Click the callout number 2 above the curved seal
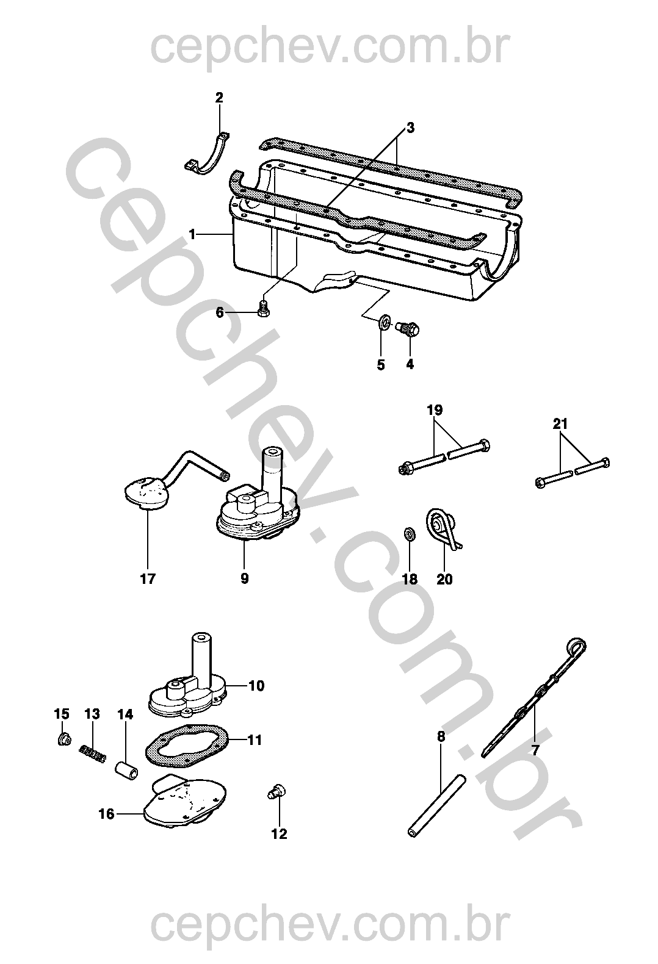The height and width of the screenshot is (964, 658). coord(219,98)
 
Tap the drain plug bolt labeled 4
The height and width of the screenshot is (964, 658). coord(410,329)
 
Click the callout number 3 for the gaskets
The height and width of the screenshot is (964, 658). coord(410,128)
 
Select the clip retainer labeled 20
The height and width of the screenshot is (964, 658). coord(443,528)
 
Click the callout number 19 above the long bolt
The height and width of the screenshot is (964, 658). coord(435,410)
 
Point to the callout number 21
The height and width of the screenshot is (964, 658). coord(560,424)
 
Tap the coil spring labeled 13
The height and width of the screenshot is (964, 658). coord(92,754)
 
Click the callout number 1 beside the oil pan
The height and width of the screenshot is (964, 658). coord(192,234)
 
